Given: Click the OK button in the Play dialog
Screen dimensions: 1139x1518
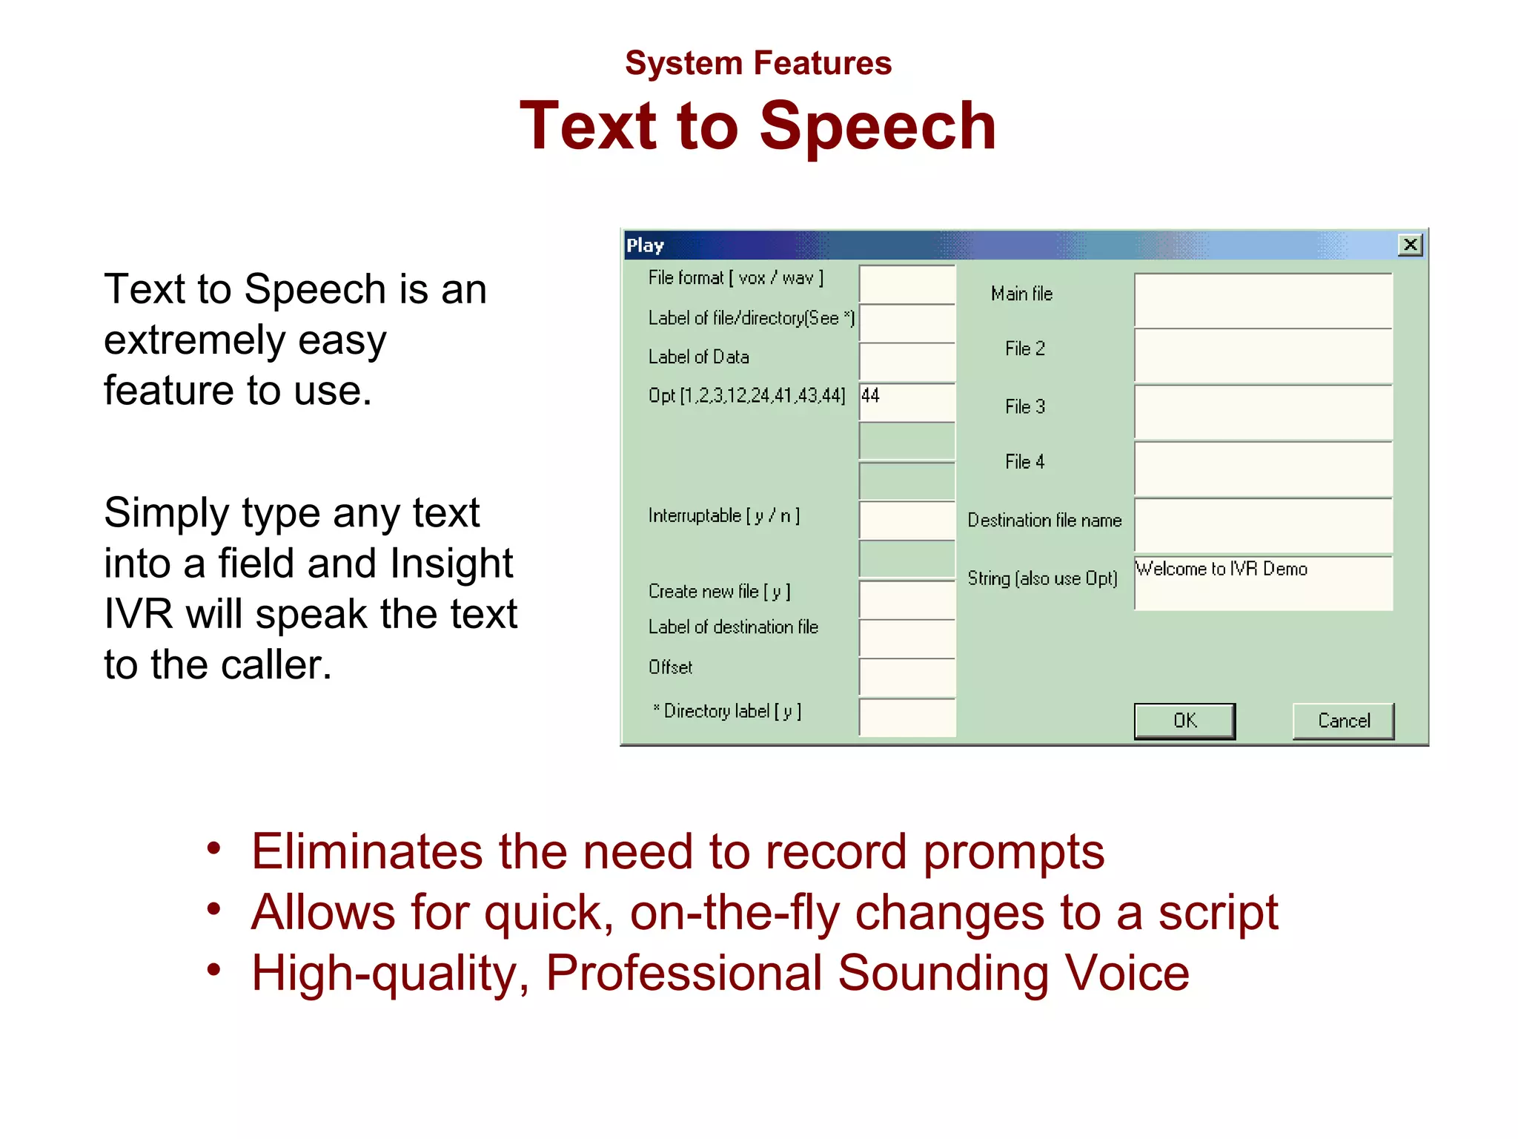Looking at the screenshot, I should [1184, 720].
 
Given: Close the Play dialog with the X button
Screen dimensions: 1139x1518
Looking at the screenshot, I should [1410, 245].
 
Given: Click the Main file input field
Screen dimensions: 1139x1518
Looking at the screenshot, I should [1263, 300].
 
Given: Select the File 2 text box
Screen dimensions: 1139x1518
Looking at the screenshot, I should [1263, 356].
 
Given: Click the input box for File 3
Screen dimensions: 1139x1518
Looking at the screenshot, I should [1263, 412].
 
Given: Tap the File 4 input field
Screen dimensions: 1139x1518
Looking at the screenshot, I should [1263, 469].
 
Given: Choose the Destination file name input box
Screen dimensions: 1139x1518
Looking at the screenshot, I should [1263, 526].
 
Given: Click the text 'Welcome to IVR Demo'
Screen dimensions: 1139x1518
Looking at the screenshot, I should [1222, 569].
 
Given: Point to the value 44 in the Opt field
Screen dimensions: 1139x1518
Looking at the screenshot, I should [871, 395].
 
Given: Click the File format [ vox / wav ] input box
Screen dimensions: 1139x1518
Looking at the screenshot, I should [907, 284].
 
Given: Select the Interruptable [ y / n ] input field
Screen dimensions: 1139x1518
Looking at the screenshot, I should [907, 520].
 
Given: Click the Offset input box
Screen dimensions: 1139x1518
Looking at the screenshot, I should [907, 677].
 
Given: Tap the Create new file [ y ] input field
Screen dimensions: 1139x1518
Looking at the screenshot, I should [907, 599].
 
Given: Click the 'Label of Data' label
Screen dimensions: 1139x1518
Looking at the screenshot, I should [698, 357].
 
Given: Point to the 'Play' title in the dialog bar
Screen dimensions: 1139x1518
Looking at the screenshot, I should [645, 245].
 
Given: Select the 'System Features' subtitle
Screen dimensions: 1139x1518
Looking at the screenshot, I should [758, 63].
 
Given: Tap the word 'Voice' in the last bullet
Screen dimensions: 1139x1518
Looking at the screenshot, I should [1126, 973].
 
